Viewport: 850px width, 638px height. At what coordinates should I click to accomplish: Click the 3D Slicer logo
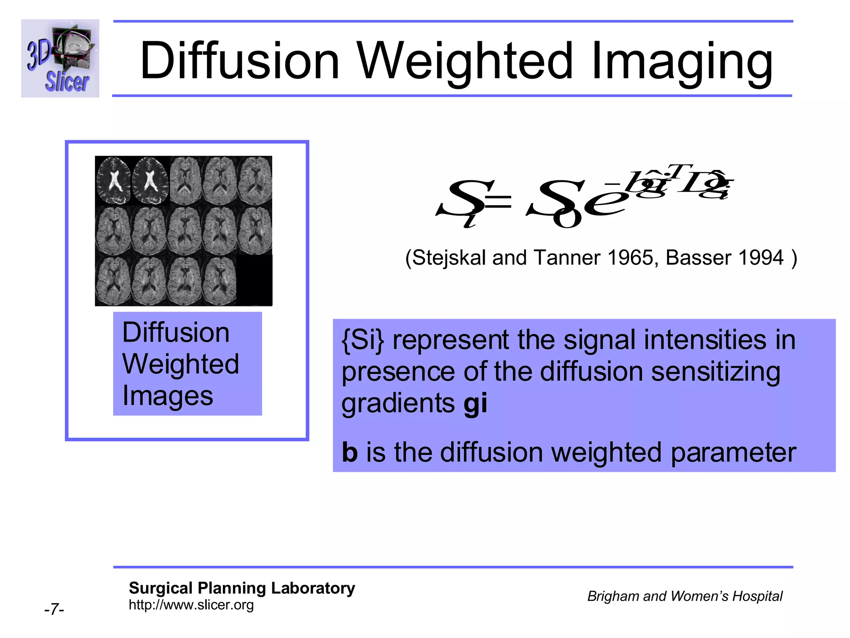[x=60, y=58]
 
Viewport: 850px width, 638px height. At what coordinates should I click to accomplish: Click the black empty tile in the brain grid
[x=254, y=280]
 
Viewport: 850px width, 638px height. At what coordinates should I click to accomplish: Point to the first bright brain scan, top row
[x=113, y=181]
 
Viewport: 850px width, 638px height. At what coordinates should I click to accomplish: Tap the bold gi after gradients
[x=475, y=403]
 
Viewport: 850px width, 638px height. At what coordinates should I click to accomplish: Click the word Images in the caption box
[x=168, y=396]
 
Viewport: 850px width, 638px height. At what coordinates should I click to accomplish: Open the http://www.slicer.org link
[x=191, y=605]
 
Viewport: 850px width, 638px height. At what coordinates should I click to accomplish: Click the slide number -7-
[x=54, y=610]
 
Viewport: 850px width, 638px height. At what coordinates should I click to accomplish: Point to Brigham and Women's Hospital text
[x=684, y=596]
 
